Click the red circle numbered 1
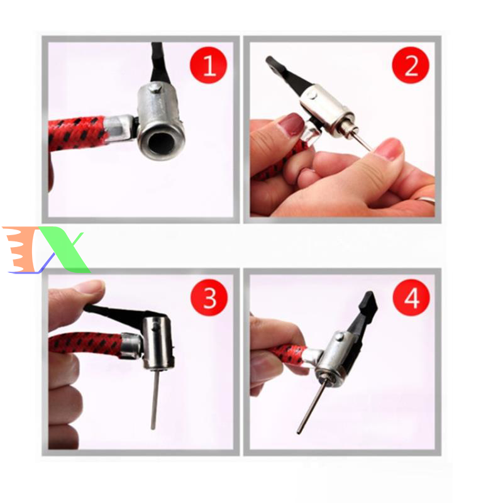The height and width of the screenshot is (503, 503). pyautogui.click(x=209, y=65)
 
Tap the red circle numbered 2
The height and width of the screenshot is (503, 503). pyautogui.click(x=411, y=65)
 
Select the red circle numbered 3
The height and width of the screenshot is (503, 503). pyautogui.click(x=209, y=297)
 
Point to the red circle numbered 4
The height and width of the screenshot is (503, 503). pyautogui.click(x=411, y=297)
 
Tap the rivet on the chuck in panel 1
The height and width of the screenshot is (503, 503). pyautogui.click(x=155, y=87)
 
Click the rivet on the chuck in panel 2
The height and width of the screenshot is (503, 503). pyautogui.click(x=312, y=94)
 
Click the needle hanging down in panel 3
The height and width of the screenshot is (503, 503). pyautogui.click(x=155, y=399)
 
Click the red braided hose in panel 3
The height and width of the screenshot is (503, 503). pyautogui.click(x=85, y=345)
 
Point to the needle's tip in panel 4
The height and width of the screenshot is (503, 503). pyautogui.click(x=299, y=433)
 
